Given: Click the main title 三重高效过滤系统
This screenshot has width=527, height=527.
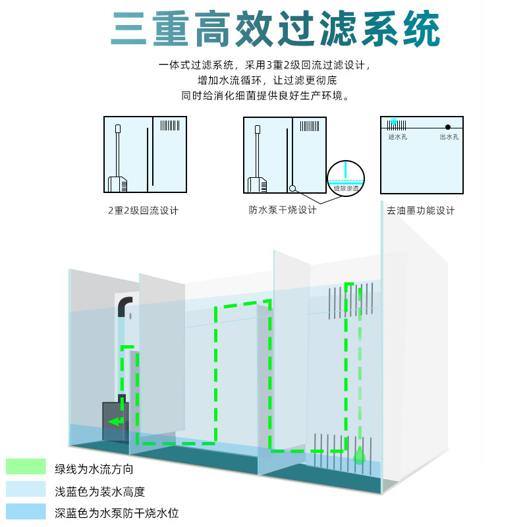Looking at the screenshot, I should tap(275, 30).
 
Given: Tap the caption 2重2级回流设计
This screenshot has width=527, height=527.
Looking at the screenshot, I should tap(143, 211).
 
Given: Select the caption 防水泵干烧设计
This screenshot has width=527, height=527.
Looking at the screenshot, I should tap(283, 210).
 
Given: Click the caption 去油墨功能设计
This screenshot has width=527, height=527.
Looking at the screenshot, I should tap(421, 211).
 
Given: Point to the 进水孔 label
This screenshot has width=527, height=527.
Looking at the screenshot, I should tap(398, 137).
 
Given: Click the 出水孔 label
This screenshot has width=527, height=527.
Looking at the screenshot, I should tap(449, 137).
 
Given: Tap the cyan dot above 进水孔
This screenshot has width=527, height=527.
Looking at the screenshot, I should tap(394, 122).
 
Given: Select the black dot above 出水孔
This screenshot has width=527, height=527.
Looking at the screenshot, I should tap(448, 126).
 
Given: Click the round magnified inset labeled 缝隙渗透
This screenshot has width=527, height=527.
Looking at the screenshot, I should tap(346, 178).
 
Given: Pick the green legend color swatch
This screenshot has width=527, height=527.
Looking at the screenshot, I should tap(26, 467).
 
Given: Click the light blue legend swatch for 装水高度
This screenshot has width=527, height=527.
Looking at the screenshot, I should tap(26, 489).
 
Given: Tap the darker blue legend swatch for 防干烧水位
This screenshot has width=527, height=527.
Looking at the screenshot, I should tap(26, 512).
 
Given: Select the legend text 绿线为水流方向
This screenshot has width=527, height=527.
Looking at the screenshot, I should tap(94, 470).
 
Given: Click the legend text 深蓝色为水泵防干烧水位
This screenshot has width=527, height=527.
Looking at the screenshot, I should tap(117, 513).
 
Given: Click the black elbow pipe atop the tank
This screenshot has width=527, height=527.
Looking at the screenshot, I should tap(123, 307).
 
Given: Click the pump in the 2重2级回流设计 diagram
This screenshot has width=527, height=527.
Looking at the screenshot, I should tap(119, 184).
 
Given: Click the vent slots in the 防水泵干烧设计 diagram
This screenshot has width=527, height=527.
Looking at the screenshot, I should tap(310, 125).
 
